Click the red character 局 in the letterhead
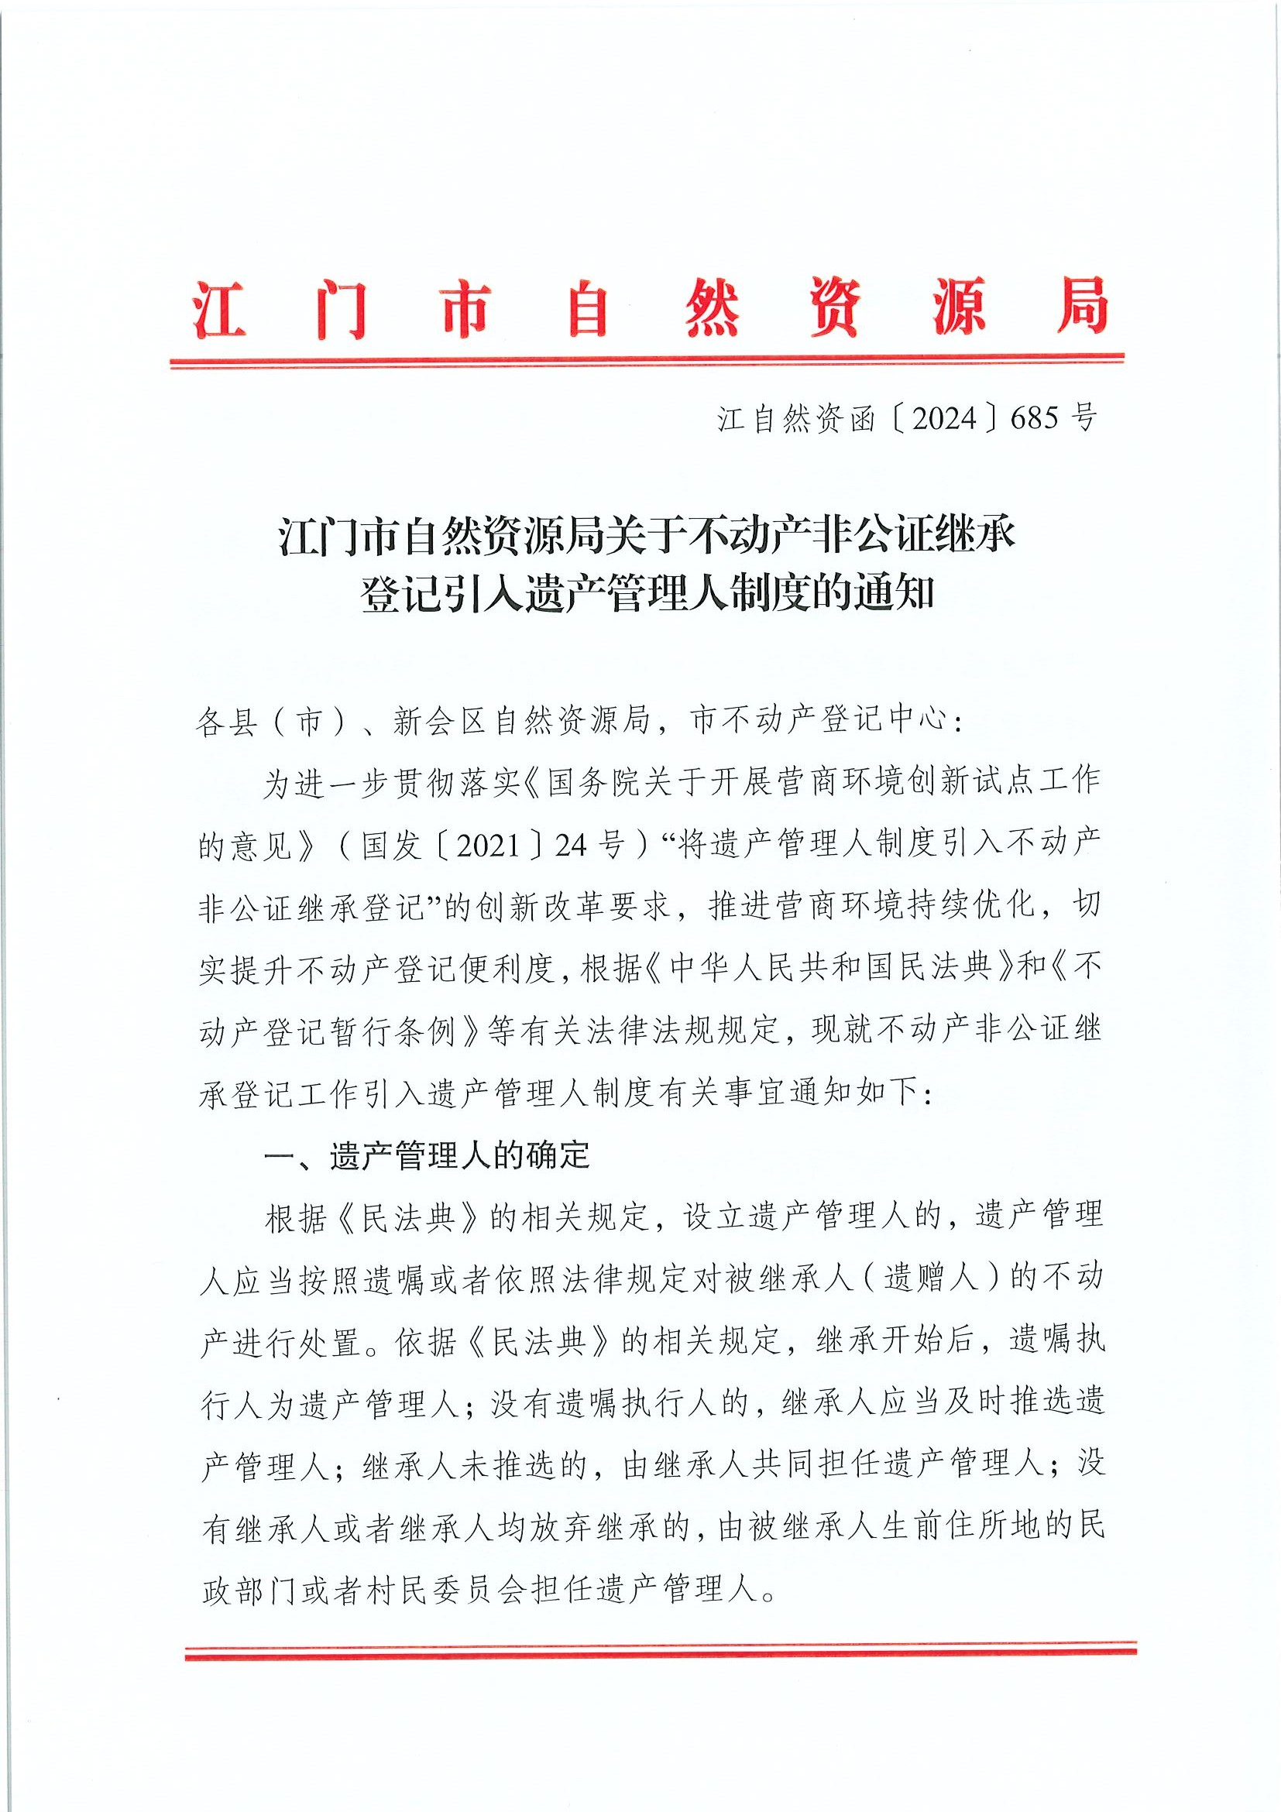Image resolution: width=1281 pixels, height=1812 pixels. pos(1081,307)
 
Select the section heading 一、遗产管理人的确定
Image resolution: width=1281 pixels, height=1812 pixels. pos(427,1156)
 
